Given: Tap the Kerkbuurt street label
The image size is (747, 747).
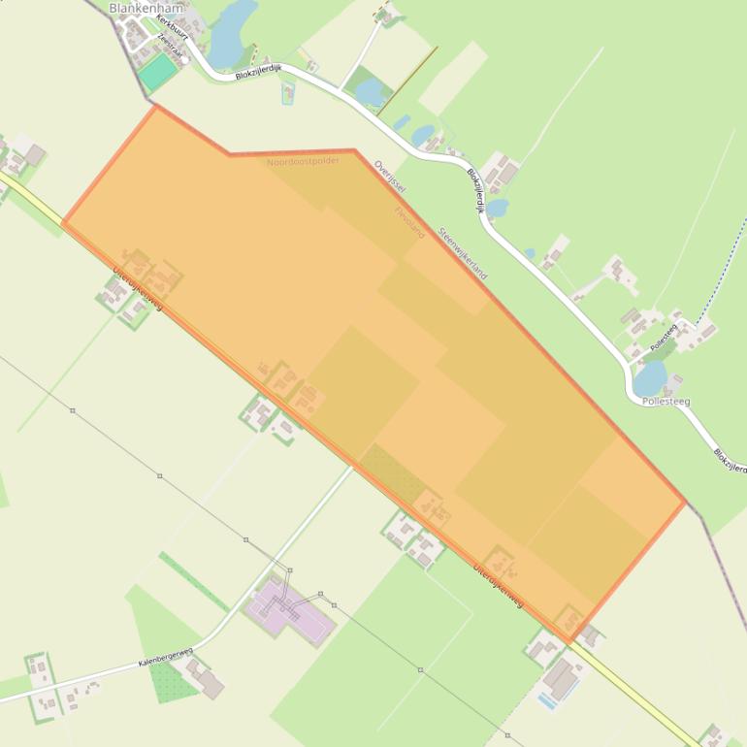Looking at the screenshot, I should tap(172, 28).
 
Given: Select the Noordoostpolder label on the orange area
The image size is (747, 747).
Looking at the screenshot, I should tap(304, 161).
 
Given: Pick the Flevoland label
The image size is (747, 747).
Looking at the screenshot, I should tap(409, 221).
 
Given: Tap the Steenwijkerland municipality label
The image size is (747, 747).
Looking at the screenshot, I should tap(462, 253).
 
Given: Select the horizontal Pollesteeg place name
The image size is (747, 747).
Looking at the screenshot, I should tap(666, 401).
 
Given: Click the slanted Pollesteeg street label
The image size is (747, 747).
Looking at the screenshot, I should tap(664, 337).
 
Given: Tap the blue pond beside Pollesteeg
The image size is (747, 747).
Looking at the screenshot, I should tap(650, 377).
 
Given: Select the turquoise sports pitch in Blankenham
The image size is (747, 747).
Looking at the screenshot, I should tap(156, 72).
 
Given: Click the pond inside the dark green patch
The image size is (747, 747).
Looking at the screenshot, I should tap(371, 92).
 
